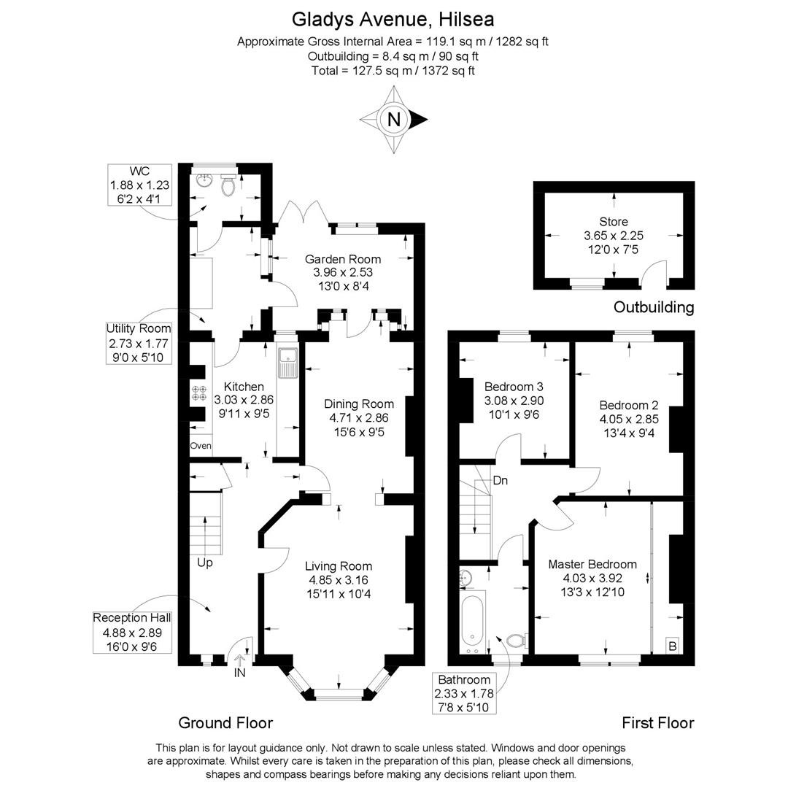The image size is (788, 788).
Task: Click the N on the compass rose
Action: (x=394, y=120)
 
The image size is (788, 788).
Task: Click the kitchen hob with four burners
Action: (x=199, y=393)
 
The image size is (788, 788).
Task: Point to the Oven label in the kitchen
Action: (x=201, y=446)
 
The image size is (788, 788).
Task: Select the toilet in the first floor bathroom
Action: (x=516, y=641)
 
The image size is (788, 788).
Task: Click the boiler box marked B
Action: (x=673, y=646)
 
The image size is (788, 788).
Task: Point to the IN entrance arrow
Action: (x=240, y=664)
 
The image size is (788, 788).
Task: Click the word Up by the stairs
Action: (x=205, y=563)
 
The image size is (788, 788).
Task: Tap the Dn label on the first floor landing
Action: (x=501, y=481)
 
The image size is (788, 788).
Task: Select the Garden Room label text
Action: (x=343, y=259)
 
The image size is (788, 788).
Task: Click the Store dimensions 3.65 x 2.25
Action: (x=614, y=236)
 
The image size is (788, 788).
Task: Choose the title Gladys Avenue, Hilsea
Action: (x=393, y=18)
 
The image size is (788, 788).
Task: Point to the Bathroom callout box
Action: (x=465, y=694)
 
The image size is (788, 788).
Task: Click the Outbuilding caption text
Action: (x=653, y=307)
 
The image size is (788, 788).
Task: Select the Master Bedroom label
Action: (x=592, y=564)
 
